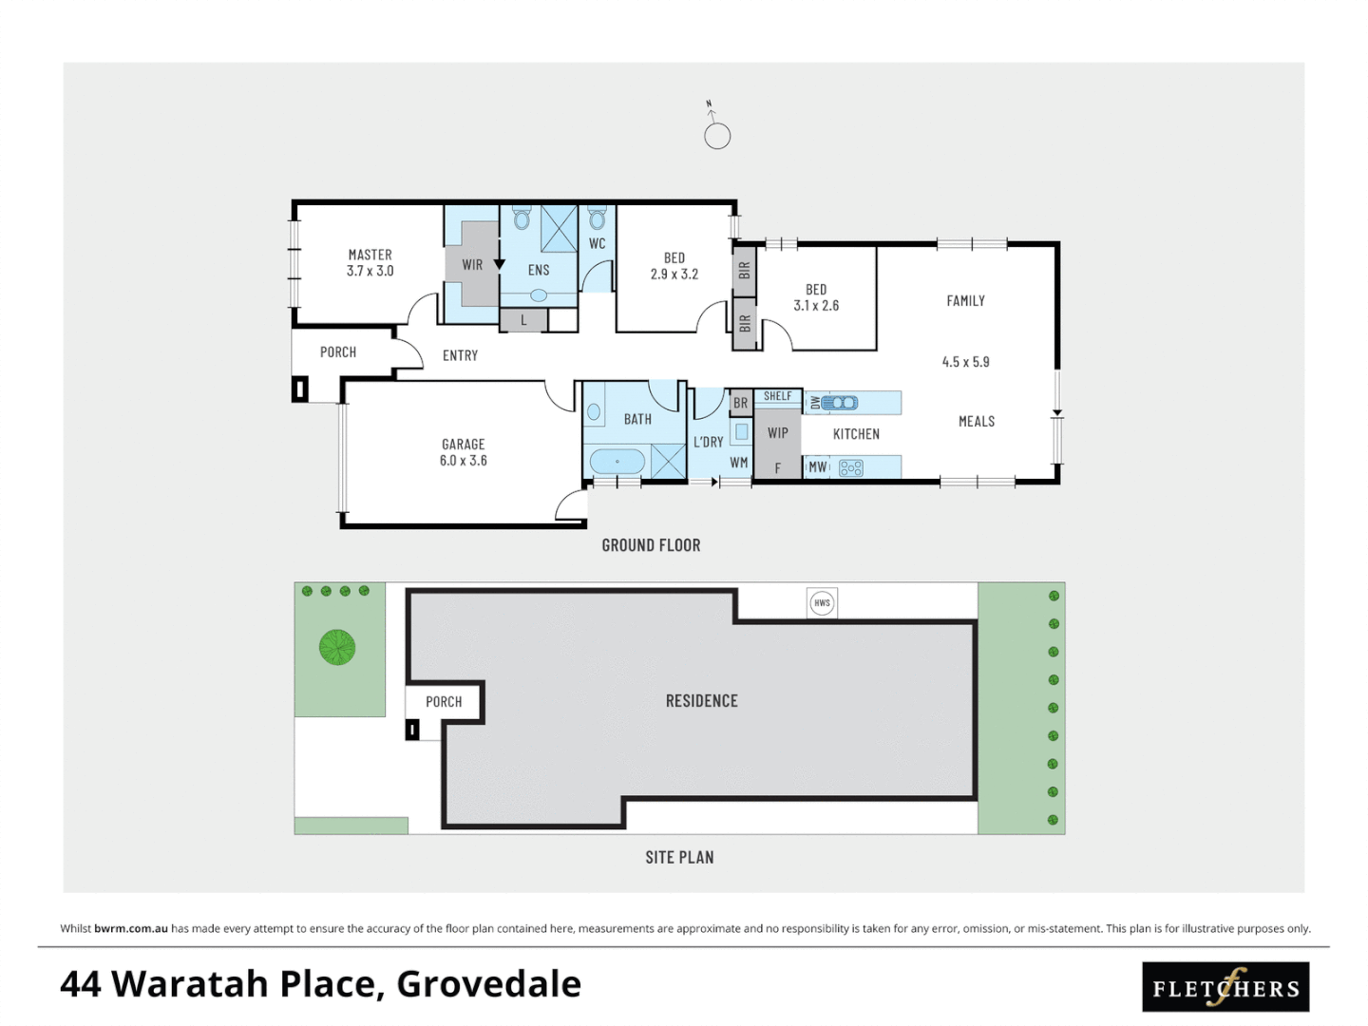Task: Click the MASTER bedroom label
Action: tap(370, 255)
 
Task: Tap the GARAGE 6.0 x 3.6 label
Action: tap(463, 452)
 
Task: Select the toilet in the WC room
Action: tap(597, 219)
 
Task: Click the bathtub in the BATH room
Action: tap(617, 463)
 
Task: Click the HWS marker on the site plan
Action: tap(822, 602)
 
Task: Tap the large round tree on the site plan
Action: tap(336, 647)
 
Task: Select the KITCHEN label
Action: tap(856, 434)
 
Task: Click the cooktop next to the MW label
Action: tap(850, 467)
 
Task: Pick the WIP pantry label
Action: tap(777, 433)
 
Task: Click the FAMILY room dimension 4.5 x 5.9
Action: tap(965, 362)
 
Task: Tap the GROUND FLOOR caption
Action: tap(651, 545)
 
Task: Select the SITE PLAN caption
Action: tap(679, 857)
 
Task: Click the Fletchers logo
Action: tap(1225, 988)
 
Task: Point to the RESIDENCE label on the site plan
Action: tap(701, 701)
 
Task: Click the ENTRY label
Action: tap(460, 355)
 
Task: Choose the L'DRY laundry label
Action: tap(708, 442)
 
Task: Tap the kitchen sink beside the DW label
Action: tap(839, 403)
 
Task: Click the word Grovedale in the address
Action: tap(488, 984)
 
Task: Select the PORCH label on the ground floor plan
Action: tap(338, 352)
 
